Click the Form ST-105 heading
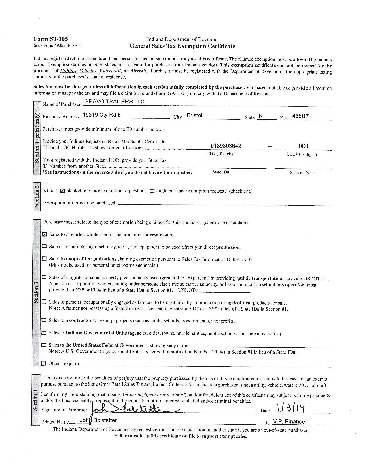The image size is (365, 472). (x=51, y=39)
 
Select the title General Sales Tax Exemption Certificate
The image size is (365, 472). (x=182, y=46)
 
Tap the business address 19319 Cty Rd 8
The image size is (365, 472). (x=101, y=115)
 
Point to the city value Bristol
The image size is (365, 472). (x=195, y=115)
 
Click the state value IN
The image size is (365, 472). (x=260, y=116)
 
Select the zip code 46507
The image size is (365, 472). (x=300, y=116)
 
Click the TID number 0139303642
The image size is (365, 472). (x=226, y=146)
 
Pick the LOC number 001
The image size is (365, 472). (x=303, y=146)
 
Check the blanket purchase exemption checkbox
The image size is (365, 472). (x=63, y=191)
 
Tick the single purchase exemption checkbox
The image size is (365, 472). (x=152, y=191)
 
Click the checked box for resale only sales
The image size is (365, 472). (x=44, y=235)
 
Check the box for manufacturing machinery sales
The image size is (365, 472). (x=44, y=247)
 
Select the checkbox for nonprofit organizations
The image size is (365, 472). (x=44, y=259)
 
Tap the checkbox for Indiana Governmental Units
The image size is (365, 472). (x=44, y=333)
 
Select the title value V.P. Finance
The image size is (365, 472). (x=289, y=422)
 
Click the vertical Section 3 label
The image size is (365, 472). (x=36, y=292)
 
